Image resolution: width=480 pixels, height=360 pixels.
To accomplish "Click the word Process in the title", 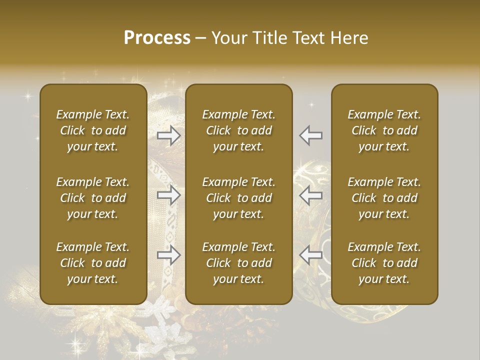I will [x=157, y=38].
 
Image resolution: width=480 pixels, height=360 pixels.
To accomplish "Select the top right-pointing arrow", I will [x=169, y=135].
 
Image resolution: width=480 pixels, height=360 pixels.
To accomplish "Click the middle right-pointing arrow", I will [x=169, y=195].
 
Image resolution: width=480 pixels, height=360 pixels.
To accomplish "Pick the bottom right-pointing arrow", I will [x=169, y=255].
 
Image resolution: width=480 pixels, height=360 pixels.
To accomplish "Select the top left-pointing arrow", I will [x=311, y=135].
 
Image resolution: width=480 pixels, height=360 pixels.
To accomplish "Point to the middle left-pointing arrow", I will [x=311, y=195].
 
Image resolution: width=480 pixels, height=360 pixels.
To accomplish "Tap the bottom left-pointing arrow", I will [x=311, y=255].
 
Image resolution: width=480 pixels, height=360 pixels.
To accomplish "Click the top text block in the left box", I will [x=93, y=130].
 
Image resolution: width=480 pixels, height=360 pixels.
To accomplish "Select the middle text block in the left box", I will [x=93, y=198].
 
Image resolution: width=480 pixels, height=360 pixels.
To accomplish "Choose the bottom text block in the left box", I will [x=93, y=263].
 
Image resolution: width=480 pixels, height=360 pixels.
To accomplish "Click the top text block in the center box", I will [x=238, y=130].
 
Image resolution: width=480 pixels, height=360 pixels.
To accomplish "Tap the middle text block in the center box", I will [x=238, y=198].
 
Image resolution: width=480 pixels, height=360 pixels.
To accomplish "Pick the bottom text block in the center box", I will [x=238, y=263].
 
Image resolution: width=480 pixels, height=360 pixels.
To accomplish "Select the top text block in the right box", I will [x=384, y=130].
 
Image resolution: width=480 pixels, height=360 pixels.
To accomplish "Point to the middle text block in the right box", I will [x=384, y=198].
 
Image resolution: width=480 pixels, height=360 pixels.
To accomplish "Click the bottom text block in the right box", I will [x=384, y=263].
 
